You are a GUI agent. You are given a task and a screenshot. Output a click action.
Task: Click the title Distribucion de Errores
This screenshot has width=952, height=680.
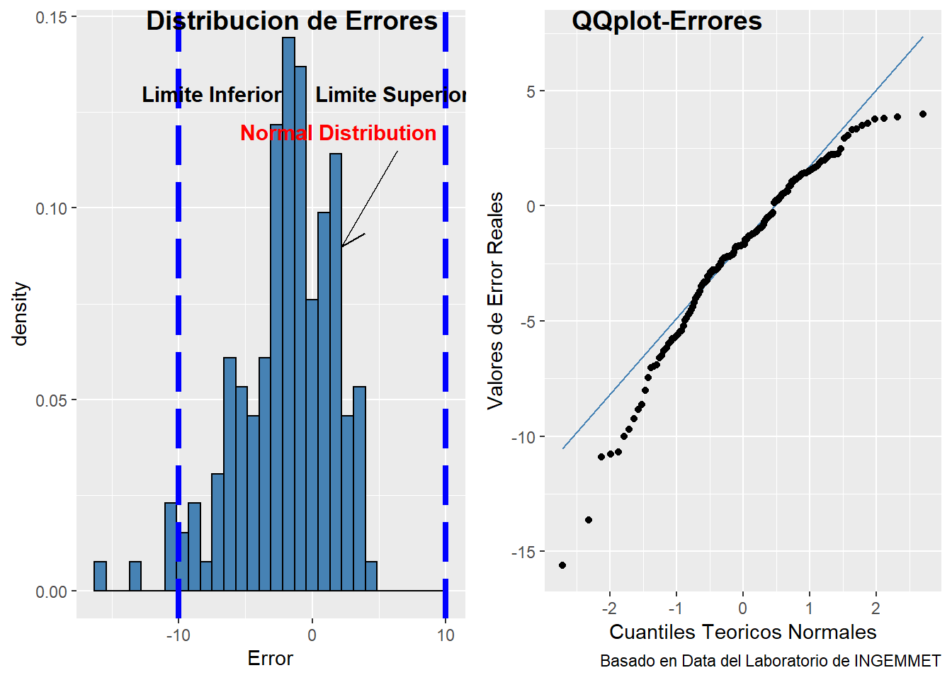coord(292,21)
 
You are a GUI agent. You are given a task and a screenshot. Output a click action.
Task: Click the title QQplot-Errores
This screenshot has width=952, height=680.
coord(667,21)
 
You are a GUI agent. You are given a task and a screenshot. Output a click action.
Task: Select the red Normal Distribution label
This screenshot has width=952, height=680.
coord(338,133)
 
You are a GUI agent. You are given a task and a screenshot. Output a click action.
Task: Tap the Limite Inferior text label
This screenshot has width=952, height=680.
coord(212,95)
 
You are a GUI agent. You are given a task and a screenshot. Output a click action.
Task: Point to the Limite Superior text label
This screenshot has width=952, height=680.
coord(390,95)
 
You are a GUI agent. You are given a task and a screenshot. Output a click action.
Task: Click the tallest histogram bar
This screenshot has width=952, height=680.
coord(288,312)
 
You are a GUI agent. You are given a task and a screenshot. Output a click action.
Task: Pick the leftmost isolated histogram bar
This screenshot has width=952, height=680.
coord(100,576)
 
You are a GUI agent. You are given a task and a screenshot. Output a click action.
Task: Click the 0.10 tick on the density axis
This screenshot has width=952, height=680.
coord(50,208)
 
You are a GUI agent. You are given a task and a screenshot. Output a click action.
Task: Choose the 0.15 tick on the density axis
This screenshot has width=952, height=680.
coord(50,17)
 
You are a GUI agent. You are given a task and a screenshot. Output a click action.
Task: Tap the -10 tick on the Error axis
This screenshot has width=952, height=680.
coord(178,635)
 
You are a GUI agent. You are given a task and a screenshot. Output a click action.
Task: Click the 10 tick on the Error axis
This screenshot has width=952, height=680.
coord(446,635)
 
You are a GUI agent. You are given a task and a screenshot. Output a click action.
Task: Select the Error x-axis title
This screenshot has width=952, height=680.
coord(270,659)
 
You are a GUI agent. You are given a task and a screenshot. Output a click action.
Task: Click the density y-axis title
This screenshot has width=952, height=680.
coord(20,313)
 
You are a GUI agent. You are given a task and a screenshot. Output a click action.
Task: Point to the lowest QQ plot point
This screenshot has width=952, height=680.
coord(562,565)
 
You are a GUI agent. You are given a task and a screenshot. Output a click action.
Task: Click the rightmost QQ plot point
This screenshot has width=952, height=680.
coord(923,114)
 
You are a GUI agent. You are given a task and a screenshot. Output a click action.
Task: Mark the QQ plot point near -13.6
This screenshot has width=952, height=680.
coord(589,520)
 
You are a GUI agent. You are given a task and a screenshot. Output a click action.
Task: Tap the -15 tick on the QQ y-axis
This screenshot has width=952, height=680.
coord(525,552)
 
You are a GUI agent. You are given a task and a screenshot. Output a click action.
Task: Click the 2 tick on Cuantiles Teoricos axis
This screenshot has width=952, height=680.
coord(875,608)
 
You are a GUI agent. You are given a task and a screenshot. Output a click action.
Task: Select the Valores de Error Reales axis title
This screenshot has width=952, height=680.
coord(495,300)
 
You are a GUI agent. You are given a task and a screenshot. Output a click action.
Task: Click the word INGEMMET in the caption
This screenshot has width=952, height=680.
coord(897,661)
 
